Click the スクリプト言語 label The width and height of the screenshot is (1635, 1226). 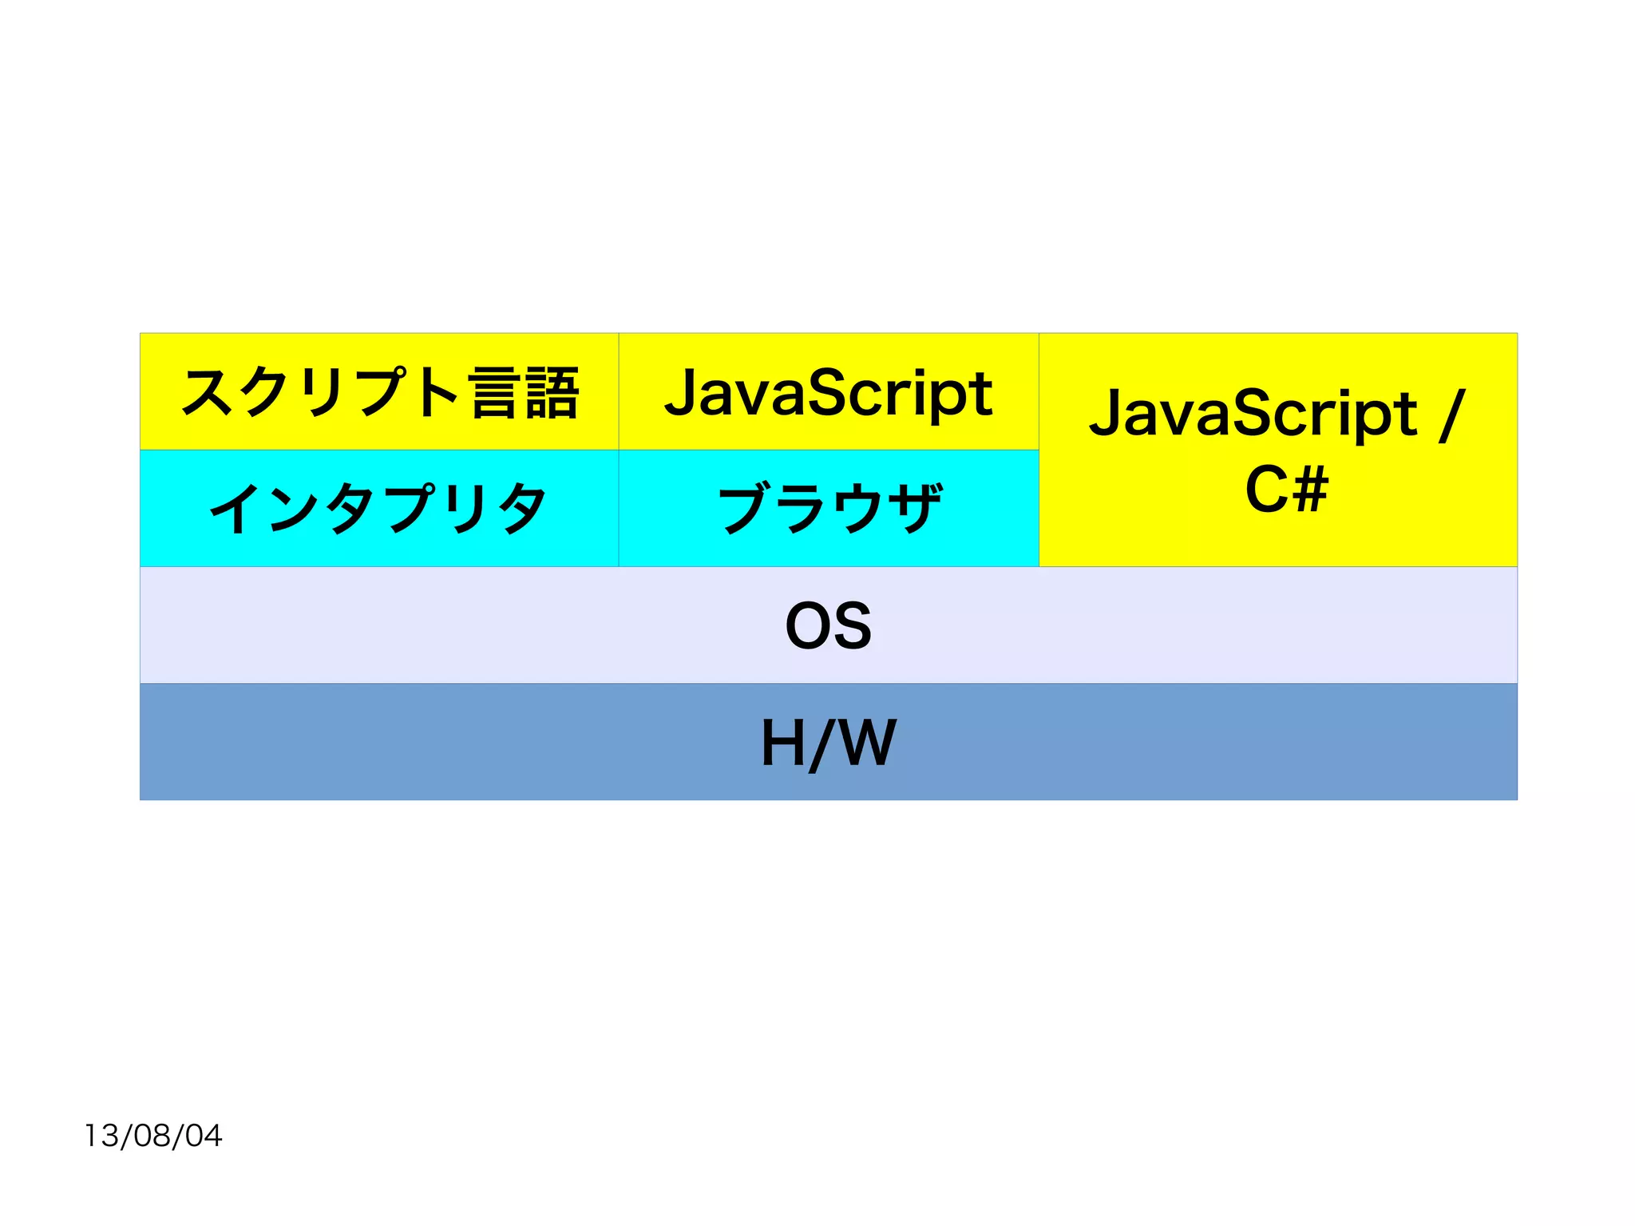[379, 392]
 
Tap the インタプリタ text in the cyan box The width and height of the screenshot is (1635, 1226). [378, 508]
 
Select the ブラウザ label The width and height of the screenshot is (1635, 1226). [829, 508]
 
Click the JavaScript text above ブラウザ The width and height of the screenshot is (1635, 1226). [829, 393]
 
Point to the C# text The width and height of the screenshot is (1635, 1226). [1287, 489]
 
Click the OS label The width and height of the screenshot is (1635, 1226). [829, 625]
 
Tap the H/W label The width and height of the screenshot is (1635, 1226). [829, 743]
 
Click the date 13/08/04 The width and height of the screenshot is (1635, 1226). [153, 1135]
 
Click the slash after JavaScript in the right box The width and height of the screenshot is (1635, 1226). [1452, 415]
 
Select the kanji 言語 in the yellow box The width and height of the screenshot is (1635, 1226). [525, 392]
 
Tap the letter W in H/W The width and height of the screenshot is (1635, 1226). [868, 743]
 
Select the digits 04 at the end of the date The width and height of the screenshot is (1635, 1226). [204, 1135]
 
